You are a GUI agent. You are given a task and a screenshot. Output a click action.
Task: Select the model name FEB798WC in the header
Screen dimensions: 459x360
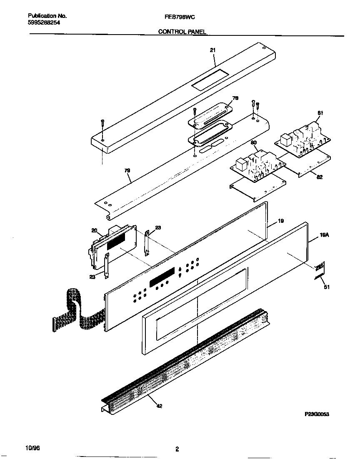tap(180, 16)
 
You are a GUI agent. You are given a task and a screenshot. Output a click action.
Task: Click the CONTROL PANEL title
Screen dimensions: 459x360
tap(182, 32)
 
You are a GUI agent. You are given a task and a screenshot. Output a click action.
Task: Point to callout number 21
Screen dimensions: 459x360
tap(212, 50)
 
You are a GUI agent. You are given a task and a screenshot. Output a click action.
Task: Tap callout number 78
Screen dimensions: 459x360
tap(235, 99)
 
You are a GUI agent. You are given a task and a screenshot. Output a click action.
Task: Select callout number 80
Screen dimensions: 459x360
tap(253, 143)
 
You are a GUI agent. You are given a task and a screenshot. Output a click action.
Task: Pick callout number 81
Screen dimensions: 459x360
tap(320, 113)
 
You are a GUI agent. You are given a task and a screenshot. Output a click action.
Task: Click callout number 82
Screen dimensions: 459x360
tap(319, 177)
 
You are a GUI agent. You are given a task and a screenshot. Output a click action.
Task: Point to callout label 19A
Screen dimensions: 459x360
tap(325, 235)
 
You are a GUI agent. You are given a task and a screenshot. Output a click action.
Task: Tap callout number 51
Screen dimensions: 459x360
tap(326, 287)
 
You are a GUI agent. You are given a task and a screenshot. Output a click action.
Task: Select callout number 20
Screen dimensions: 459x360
tap(94, 230)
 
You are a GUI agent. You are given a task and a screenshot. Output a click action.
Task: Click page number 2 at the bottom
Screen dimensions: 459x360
tap(177, 449)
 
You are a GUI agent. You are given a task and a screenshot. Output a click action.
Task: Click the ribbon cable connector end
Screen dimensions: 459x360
tap(54, 324)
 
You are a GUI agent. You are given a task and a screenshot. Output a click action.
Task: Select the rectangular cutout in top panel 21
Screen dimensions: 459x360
tap(210, 79)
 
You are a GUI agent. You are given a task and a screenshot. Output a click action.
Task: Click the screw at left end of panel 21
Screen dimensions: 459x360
tap(102, 124)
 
